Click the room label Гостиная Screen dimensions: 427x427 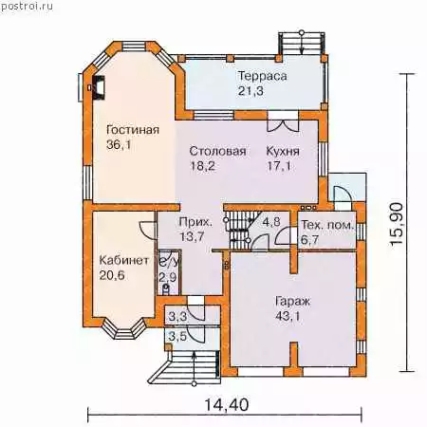[x=133, y=130]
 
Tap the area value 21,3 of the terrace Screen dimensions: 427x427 [x=251, y=91]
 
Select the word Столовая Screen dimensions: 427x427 [x=217, y=151]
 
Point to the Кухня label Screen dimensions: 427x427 [x=283, y=151]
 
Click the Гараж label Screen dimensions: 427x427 [x=292, y=302]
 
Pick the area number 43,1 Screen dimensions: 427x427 [x=288, y=316]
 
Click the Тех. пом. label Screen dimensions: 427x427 [x=326, y=225]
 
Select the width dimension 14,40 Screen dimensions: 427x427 [x=227, y=405]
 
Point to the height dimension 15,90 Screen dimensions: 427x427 [x=397, y=224]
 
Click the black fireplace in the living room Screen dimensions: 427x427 [x=99, y=88]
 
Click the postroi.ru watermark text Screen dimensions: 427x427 [x=27, y=6]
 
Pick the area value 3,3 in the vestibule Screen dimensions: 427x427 [x=177, y=317]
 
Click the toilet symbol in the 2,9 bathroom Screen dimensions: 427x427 [x=166, y=288]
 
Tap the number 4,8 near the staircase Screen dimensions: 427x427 [x=271, y=221]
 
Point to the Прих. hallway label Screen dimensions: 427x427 [x=195, y=222]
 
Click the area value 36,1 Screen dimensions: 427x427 [x=119, y=145]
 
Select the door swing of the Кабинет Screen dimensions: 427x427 [x=147, y=230]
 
